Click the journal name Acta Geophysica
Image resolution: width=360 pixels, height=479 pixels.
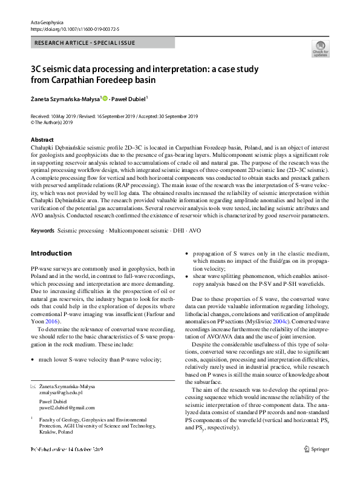coord(47,22)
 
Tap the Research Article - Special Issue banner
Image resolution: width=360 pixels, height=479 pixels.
coord(85,43)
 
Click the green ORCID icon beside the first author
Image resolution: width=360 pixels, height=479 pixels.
coord(105,98)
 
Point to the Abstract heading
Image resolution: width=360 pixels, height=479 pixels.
coord(42,139)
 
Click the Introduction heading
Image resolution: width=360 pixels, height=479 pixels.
coord(51,253)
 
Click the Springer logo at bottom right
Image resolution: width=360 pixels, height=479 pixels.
coord(316,466)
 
